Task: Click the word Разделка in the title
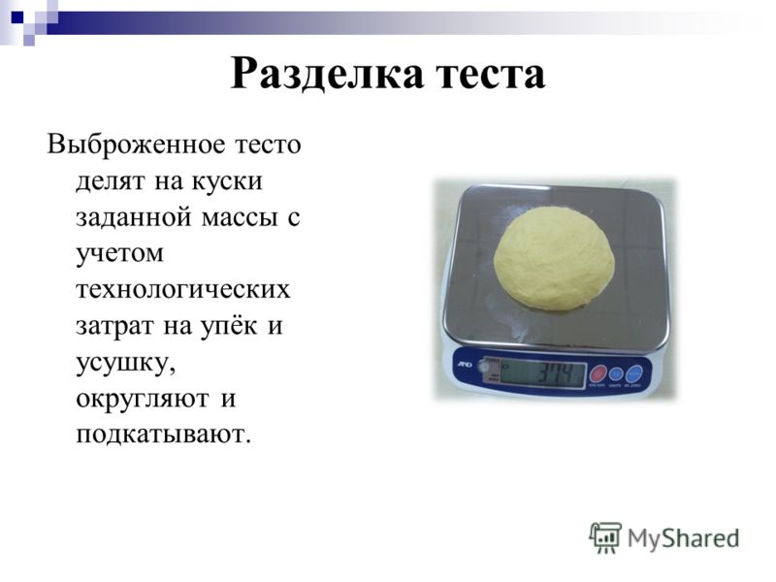coord(327,75)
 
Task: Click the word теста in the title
coord(491,76)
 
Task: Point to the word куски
coord(227,181)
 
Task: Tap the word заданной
coord(134,217)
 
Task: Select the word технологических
coord(183,290)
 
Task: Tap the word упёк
coord(229,327)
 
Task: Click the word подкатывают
coord(164,435)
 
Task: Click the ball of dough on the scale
coord(554,259)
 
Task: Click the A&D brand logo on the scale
coord(465,365)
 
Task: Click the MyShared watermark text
coord(684,538)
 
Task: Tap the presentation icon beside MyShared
coord(605,537)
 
